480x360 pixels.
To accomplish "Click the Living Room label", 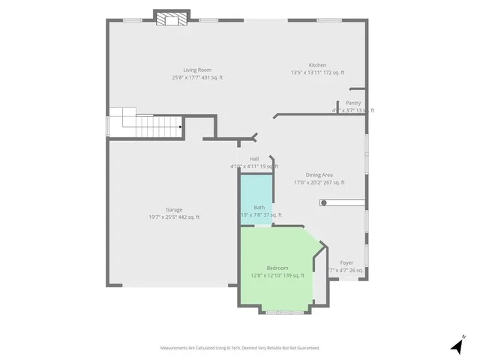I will tap(196, 70).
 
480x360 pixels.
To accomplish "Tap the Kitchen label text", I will tap(317, 65).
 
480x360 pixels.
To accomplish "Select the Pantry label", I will tap(353, 103).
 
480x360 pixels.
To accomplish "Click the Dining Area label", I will tap(319, 175).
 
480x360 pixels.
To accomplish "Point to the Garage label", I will tap(174, 209).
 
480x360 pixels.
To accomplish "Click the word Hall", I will tap(254, 159).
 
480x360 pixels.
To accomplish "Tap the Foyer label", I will tap(346, 262).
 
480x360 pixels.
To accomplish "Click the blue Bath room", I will tap(256, 196).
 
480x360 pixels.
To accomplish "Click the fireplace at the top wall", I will tap(169, 19).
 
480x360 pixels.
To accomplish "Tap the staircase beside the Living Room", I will tap(146, 124).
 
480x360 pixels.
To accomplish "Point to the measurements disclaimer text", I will tap(240, 348).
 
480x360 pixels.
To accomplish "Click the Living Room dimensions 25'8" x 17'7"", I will tap(197, 77).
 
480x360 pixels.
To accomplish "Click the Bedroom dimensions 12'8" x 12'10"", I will tap(277, 275).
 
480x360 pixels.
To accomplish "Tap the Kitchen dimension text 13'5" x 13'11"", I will tap(317, 73).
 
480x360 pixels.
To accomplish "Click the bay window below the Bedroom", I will tap(284, 310).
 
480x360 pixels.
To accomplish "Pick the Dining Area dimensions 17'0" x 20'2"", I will tap(319, 182).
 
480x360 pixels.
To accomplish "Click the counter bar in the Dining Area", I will tap(343, 202).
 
